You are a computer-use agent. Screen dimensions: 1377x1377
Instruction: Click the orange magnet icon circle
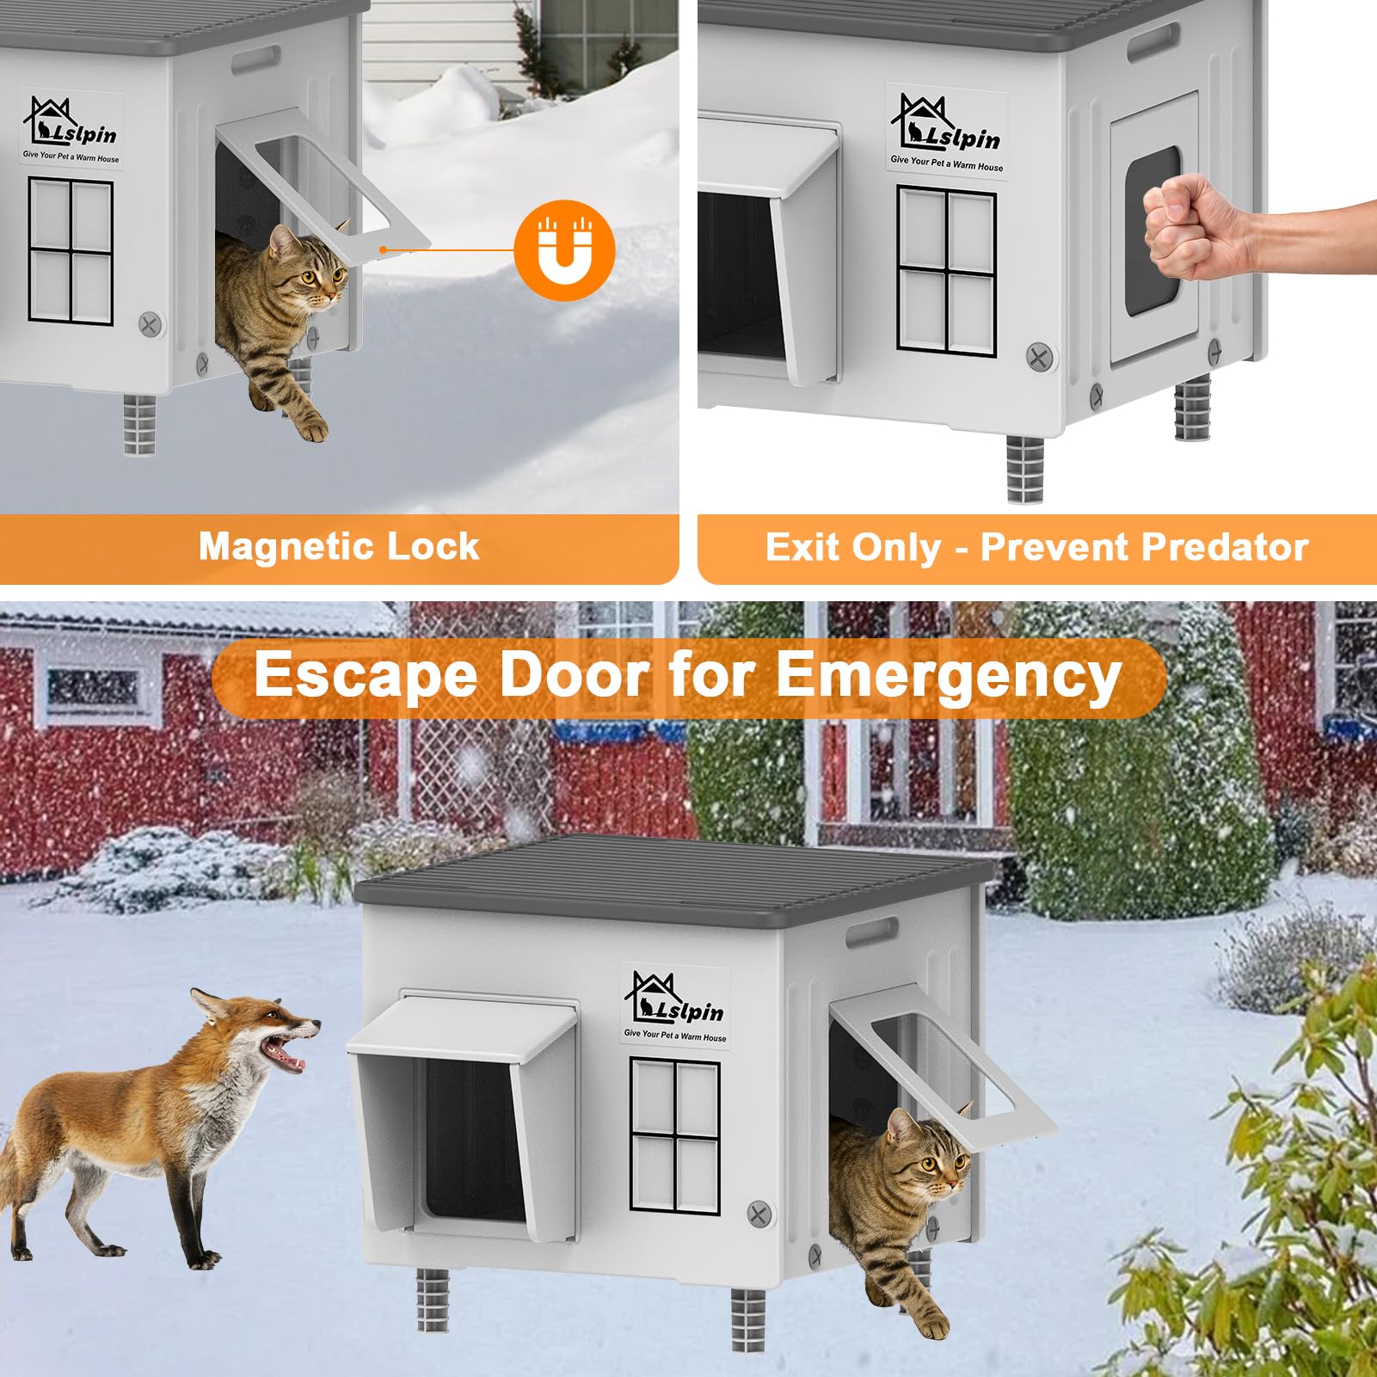click(564, 250)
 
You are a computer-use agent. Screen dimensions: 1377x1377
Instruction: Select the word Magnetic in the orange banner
click(283, 547)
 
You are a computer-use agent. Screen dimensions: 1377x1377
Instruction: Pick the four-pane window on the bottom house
click(675, 1136)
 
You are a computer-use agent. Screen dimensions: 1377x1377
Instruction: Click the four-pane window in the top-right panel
click(946, 271)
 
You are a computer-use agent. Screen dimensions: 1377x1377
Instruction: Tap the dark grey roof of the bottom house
click(671, 877)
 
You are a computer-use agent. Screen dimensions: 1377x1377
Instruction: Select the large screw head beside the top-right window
click(1041, 357)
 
